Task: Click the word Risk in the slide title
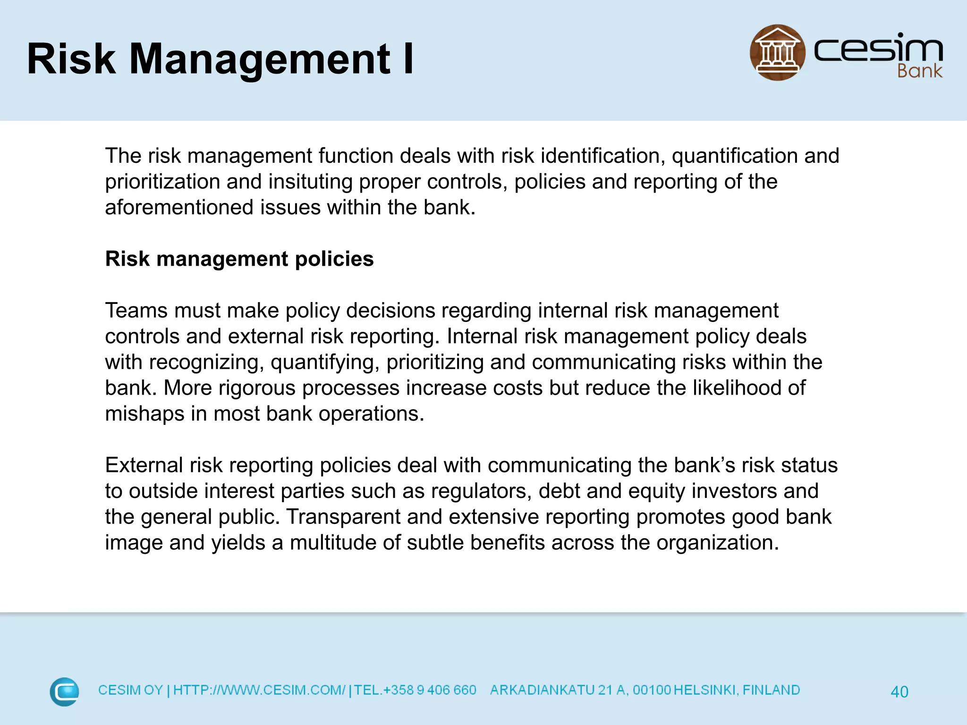coord(71,59)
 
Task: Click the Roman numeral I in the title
coord(408,59)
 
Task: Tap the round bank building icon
coord(777,52)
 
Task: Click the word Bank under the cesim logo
coord(919,71)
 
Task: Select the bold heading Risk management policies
coord(239,259)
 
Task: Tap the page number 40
coord(899,691)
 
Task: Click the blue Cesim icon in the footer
coord(64,691)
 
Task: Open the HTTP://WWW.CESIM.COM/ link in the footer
coord(259,690)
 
